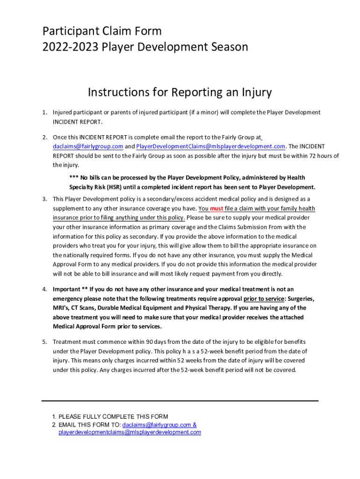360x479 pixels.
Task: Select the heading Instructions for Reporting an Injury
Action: point(180,92)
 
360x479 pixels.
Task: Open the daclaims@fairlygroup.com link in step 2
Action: point(88,146)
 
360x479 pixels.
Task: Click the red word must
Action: point(216,209)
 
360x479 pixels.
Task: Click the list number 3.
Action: point(44,199)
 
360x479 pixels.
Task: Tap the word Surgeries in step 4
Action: point(301,298)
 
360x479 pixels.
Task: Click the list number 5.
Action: point(44,342)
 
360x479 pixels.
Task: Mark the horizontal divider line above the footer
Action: point(180,401)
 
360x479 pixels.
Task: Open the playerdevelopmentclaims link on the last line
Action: point(130,432)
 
